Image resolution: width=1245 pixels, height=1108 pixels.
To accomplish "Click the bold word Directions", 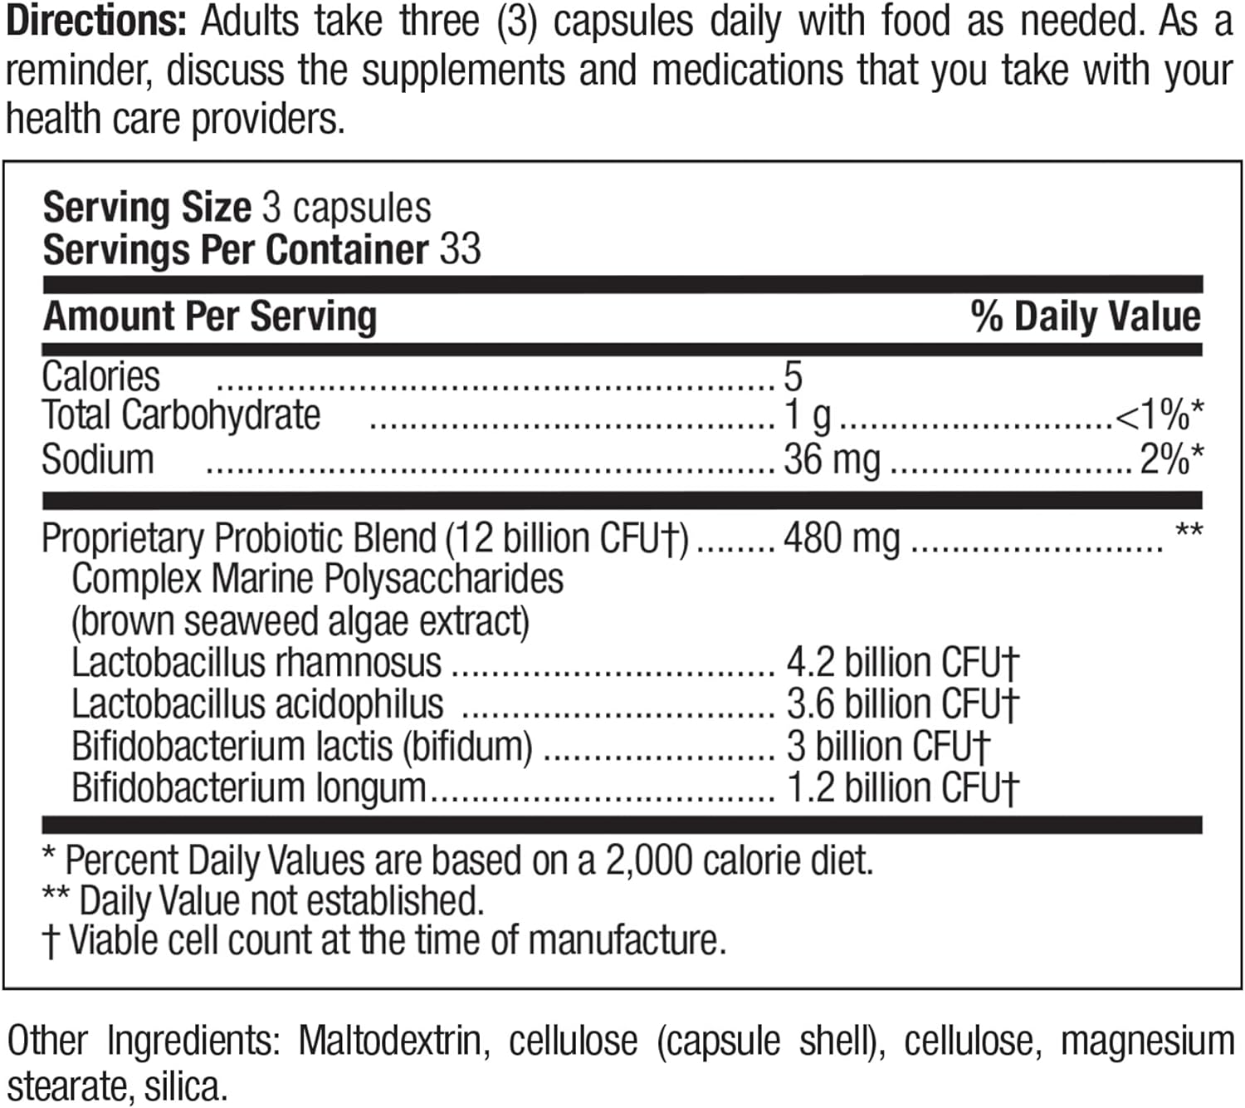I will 96,22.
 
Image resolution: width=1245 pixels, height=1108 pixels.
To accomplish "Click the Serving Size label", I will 147,208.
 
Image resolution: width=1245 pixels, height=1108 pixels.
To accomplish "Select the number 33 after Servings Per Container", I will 460,249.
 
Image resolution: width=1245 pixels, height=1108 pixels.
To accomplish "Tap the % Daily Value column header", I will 1085,316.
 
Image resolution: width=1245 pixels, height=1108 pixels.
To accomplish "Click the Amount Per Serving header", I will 210,316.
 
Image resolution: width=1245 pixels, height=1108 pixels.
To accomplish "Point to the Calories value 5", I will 793,377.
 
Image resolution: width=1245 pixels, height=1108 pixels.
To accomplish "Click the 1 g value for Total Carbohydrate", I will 808,416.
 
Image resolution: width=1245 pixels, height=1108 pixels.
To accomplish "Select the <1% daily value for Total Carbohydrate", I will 1159,416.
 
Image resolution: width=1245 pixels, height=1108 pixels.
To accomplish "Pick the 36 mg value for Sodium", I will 832,459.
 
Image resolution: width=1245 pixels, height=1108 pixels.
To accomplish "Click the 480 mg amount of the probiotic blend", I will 842,538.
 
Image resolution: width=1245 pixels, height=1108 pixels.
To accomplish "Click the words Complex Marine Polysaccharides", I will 317,579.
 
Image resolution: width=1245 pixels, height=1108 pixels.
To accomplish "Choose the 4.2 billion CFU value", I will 901,663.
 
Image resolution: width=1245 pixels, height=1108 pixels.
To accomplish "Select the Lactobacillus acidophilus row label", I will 257,704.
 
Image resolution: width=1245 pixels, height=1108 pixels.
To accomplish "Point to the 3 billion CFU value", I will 887,746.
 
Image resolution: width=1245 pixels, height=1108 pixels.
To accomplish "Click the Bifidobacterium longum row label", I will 249,787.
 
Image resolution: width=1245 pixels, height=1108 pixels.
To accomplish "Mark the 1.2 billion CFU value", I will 901,787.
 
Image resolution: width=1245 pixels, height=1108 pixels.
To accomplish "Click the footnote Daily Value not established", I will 281,900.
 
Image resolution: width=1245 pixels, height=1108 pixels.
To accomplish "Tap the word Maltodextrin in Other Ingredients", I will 389,1042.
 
